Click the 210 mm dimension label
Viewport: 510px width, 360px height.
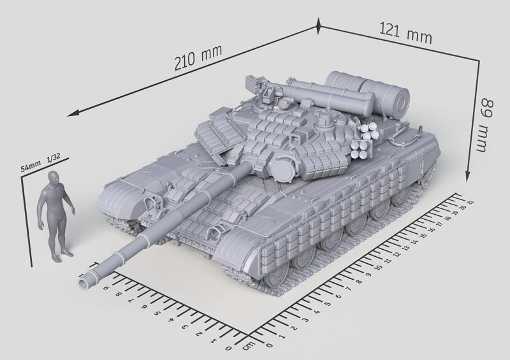click(194, 61)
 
